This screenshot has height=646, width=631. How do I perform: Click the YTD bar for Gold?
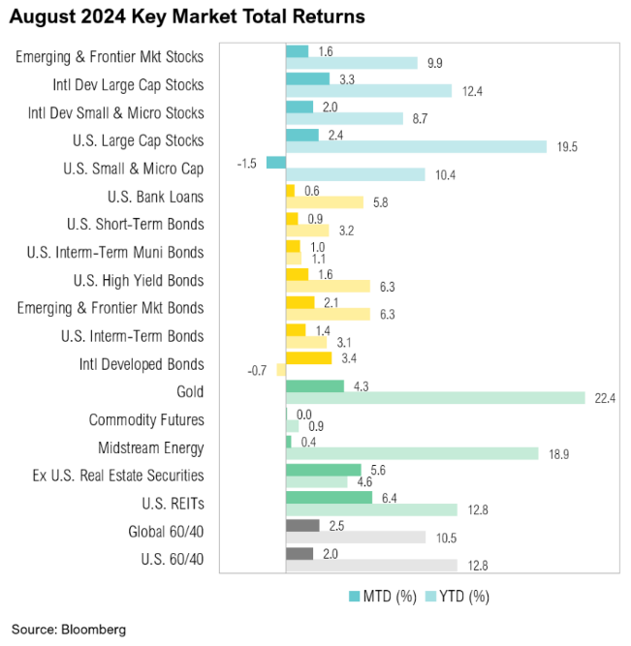[435, 398]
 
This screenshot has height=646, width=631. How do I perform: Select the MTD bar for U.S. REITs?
[329, 497]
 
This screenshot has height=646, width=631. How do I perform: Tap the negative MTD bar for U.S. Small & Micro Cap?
[275, 162]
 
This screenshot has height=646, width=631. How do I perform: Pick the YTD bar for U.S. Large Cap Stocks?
[416, 147]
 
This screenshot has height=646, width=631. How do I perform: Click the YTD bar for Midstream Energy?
[412, 454]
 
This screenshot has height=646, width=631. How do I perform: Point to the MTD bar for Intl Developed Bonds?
[308, 357]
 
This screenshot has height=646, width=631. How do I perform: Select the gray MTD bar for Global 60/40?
[302, 525]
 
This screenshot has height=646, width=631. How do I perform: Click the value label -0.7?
[259, 371]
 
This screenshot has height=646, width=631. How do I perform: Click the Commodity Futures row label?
[146, 419]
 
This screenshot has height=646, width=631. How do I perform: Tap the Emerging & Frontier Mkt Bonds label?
[110, 308]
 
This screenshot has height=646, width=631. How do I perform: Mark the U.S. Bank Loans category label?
[156, 197]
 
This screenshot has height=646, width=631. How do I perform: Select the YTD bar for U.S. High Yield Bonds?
[328, 287]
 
